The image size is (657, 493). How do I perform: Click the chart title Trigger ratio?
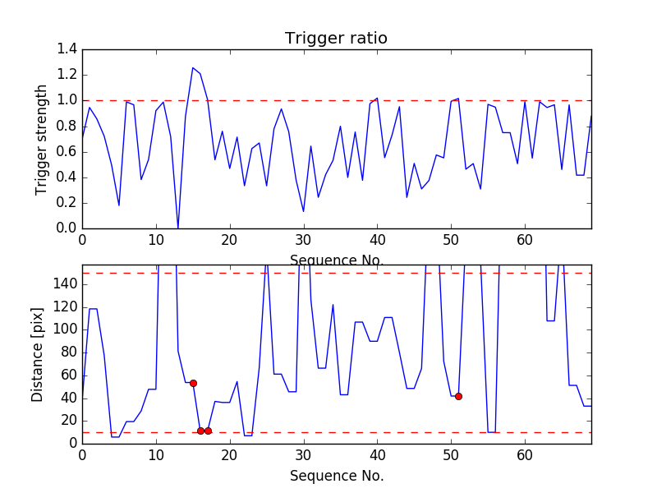click(336, 39)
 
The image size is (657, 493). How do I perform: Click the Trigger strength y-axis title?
click(42, 139)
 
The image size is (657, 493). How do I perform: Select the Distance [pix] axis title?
click(38, 355)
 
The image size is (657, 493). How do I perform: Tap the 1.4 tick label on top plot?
click(67, 49)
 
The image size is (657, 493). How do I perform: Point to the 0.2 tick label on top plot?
click(67, 203)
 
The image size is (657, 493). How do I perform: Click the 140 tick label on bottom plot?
click(64, 284)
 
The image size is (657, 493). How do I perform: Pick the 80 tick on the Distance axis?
click(67, 352)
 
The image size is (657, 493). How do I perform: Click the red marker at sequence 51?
click(458, 396)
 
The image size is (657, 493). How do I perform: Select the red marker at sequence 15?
click(193, 383)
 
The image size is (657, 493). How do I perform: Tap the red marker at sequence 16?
click(200, 431)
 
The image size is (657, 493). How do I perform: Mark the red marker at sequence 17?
click(208, 431)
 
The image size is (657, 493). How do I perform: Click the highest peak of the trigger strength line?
click(193, 67)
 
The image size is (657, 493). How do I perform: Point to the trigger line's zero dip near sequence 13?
click(178, 228)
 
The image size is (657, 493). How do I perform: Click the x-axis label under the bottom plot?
click(336, 476)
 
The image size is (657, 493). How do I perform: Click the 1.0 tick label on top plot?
click(67, 100)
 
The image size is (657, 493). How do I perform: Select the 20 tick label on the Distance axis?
click(67, 421)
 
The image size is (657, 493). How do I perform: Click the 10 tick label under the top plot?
click(156, 240)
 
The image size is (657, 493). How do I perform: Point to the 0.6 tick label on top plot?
click(67, 151)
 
